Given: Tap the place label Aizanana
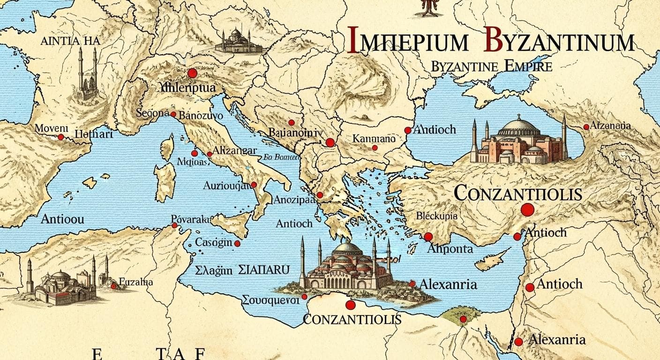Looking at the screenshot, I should pos(610,126).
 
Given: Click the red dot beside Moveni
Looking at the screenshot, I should pos(60,137).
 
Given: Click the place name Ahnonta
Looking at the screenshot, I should pos(450,249).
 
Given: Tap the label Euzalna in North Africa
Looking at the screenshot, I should pos(135,282).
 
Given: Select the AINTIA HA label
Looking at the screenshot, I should pos(70,41).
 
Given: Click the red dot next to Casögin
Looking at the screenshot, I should pos(237,243).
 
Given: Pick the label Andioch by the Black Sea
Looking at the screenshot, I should pos(435,129).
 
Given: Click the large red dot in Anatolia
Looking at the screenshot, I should pos(527,210).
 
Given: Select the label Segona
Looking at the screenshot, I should pos(152,113).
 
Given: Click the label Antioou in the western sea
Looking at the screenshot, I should pos(63,219).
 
